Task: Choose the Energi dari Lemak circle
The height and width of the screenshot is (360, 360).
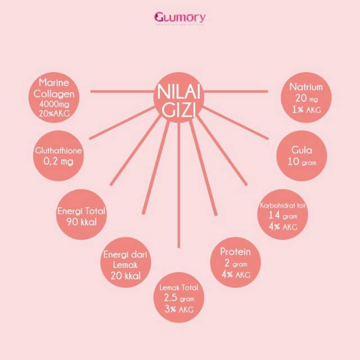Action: click(x=125, y=265)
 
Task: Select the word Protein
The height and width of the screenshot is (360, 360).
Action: click(x=235, y=252)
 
